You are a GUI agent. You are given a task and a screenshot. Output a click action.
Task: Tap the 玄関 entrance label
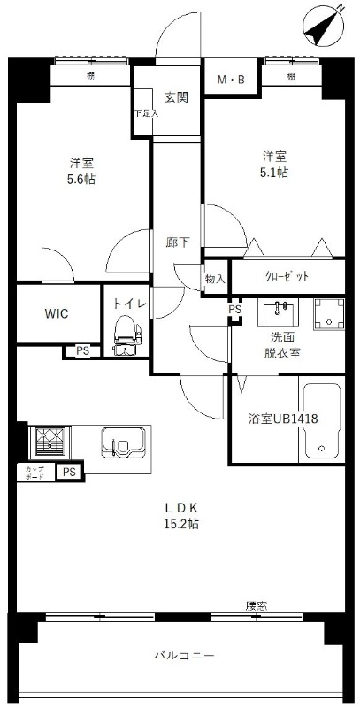point(176,97)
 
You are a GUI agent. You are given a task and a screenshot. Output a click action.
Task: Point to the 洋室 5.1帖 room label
point(274,165)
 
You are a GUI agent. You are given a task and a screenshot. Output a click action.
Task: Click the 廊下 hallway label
point(177,242)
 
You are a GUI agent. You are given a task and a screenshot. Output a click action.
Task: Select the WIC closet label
point(57,313)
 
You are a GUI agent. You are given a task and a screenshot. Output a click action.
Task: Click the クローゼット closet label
point(287,276)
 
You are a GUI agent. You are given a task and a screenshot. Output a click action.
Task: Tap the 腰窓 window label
point(257,606)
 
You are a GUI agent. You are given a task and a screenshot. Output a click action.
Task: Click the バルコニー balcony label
point(184,656)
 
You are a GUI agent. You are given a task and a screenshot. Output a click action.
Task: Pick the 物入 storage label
point(215,279)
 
